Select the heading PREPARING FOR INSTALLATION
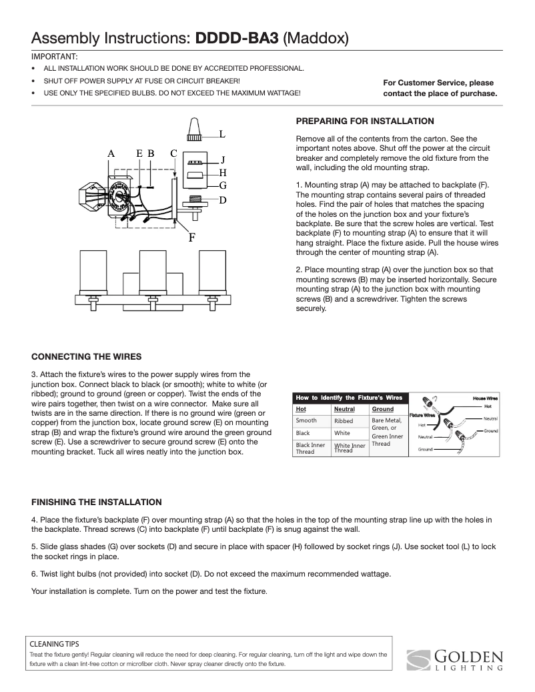[x=365, y=121]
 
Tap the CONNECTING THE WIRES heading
[x=87, y=356]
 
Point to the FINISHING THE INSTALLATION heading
[x=97, y=502]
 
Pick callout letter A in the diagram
[x=111, y=153]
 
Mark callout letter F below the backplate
[x=191, y=237]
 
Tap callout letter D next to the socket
[x=223, y=200]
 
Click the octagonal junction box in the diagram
[x=87, y=197]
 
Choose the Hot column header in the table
[x=302, y=409]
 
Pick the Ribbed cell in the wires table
[x=344, y=421]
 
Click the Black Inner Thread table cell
[x=310, y=448]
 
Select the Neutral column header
[x=344, y=409]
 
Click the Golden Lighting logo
[x=455, y=658]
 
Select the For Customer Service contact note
[x=440, y=88]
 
